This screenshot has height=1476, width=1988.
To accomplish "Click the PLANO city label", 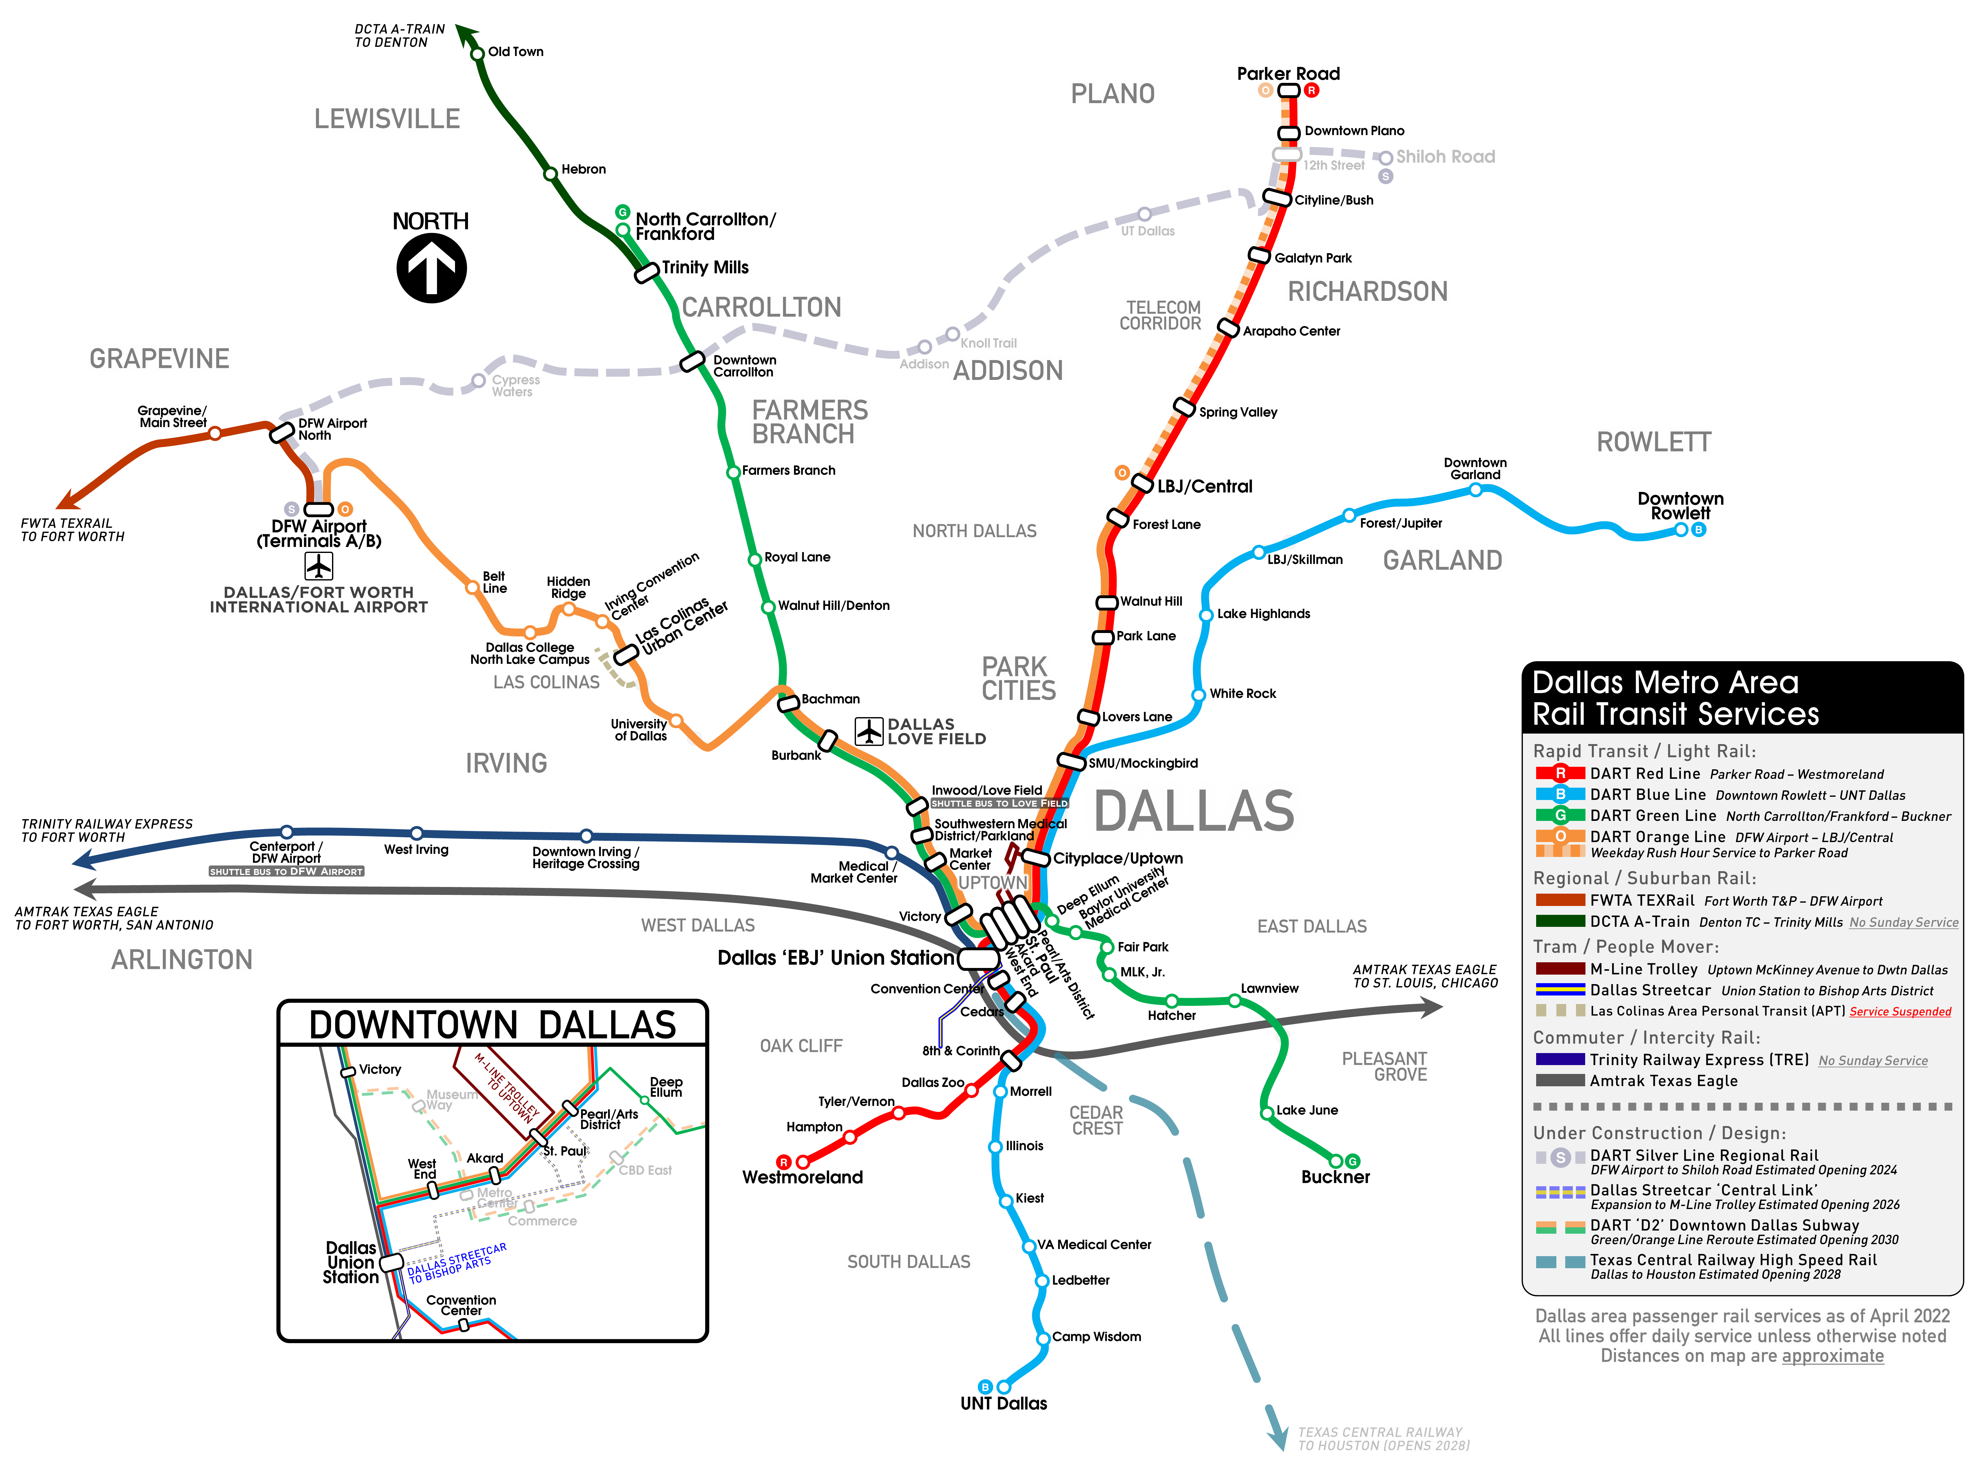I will [x=1113, y=94].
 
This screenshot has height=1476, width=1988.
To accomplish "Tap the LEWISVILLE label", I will [x=387, y=118].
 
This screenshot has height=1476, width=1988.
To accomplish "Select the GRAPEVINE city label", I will [x=160, y=358].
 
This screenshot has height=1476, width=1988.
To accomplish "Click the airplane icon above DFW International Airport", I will [x=319, y=566].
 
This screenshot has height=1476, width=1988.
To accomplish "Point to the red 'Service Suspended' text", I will [x=1899, y=1011].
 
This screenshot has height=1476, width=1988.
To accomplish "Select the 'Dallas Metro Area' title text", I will [x=1665, y=683].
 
